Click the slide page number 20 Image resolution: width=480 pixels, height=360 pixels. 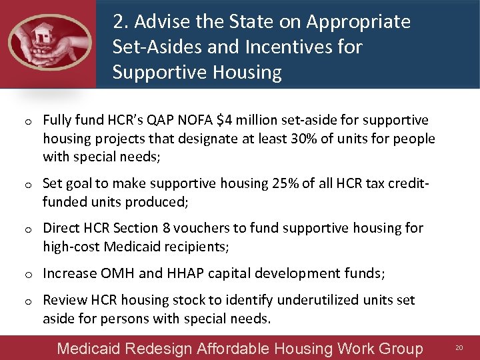(459, 348)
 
